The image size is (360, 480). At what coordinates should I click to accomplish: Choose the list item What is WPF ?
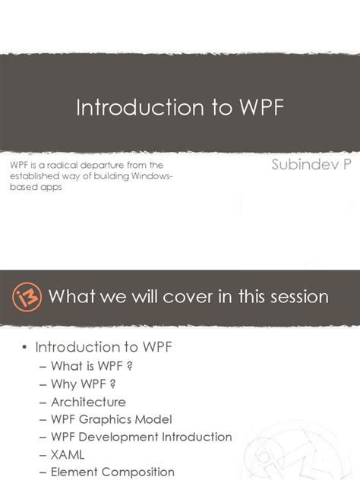87,365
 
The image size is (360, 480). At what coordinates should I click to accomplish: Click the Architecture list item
88,402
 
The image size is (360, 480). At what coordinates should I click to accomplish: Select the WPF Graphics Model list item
112,419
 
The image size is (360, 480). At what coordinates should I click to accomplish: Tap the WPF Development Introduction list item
141,437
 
